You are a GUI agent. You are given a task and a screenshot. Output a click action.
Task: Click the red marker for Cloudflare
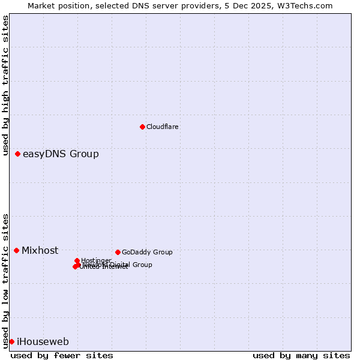(x=142, y=127)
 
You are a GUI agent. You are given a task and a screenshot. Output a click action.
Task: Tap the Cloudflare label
(x=162, y=127)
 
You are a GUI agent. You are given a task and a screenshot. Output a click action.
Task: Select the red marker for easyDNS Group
(x=18, y=154)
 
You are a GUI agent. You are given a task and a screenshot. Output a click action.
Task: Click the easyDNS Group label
(x=61, y=154)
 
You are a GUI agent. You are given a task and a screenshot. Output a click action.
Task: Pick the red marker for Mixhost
(x=17, y=250)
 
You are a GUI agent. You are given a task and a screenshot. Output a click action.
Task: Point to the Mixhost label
(x=40, y=251)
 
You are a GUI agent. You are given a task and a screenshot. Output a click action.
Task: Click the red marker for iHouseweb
(x=11, y=341)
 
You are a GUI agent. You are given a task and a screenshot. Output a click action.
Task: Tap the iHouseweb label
(x=43, y=342)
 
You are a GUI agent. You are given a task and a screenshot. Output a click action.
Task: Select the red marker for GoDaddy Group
(x=118, y=252)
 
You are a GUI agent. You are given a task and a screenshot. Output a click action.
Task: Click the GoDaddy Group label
(x=147, y=252)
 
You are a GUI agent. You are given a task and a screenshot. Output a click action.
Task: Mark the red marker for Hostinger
(x=77, y=260)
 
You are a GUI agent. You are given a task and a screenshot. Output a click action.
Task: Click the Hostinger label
(x=96, y=260)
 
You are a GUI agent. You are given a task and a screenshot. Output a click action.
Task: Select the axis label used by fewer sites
(x=62, y=355)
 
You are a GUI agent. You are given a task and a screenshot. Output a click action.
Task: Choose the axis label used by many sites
(x=301, y=355)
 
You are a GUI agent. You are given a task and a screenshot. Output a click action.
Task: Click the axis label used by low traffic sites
(x=5, y=281)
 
